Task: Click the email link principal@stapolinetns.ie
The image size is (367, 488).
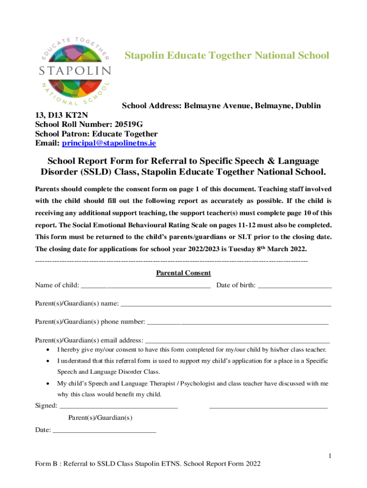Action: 109,143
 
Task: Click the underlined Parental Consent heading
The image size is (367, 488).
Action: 183,274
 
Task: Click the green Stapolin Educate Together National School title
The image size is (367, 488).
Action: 227,56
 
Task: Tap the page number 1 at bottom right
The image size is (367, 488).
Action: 329,457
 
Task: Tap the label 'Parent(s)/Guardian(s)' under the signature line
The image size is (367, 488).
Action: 100,418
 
